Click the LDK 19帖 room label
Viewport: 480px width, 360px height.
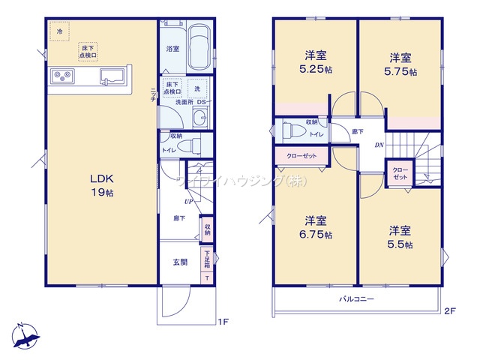(x=102, y=185)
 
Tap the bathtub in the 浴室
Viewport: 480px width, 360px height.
(x=199, y=47)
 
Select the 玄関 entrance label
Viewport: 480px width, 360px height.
(x=181, y=261)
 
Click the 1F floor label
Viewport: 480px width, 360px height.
(x=222, y=322)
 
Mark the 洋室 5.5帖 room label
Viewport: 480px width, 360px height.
(x=400, y=235)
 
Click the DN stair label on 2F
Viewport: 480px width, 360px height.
(x=380, y=145)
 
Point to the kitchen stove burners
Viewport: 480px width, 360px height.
(x=61, y=75)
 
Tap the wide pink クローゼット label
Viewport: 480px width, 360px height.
(x=301, y=157)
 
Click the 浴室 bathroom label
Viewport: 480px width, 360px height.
(x=172, y=49)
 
